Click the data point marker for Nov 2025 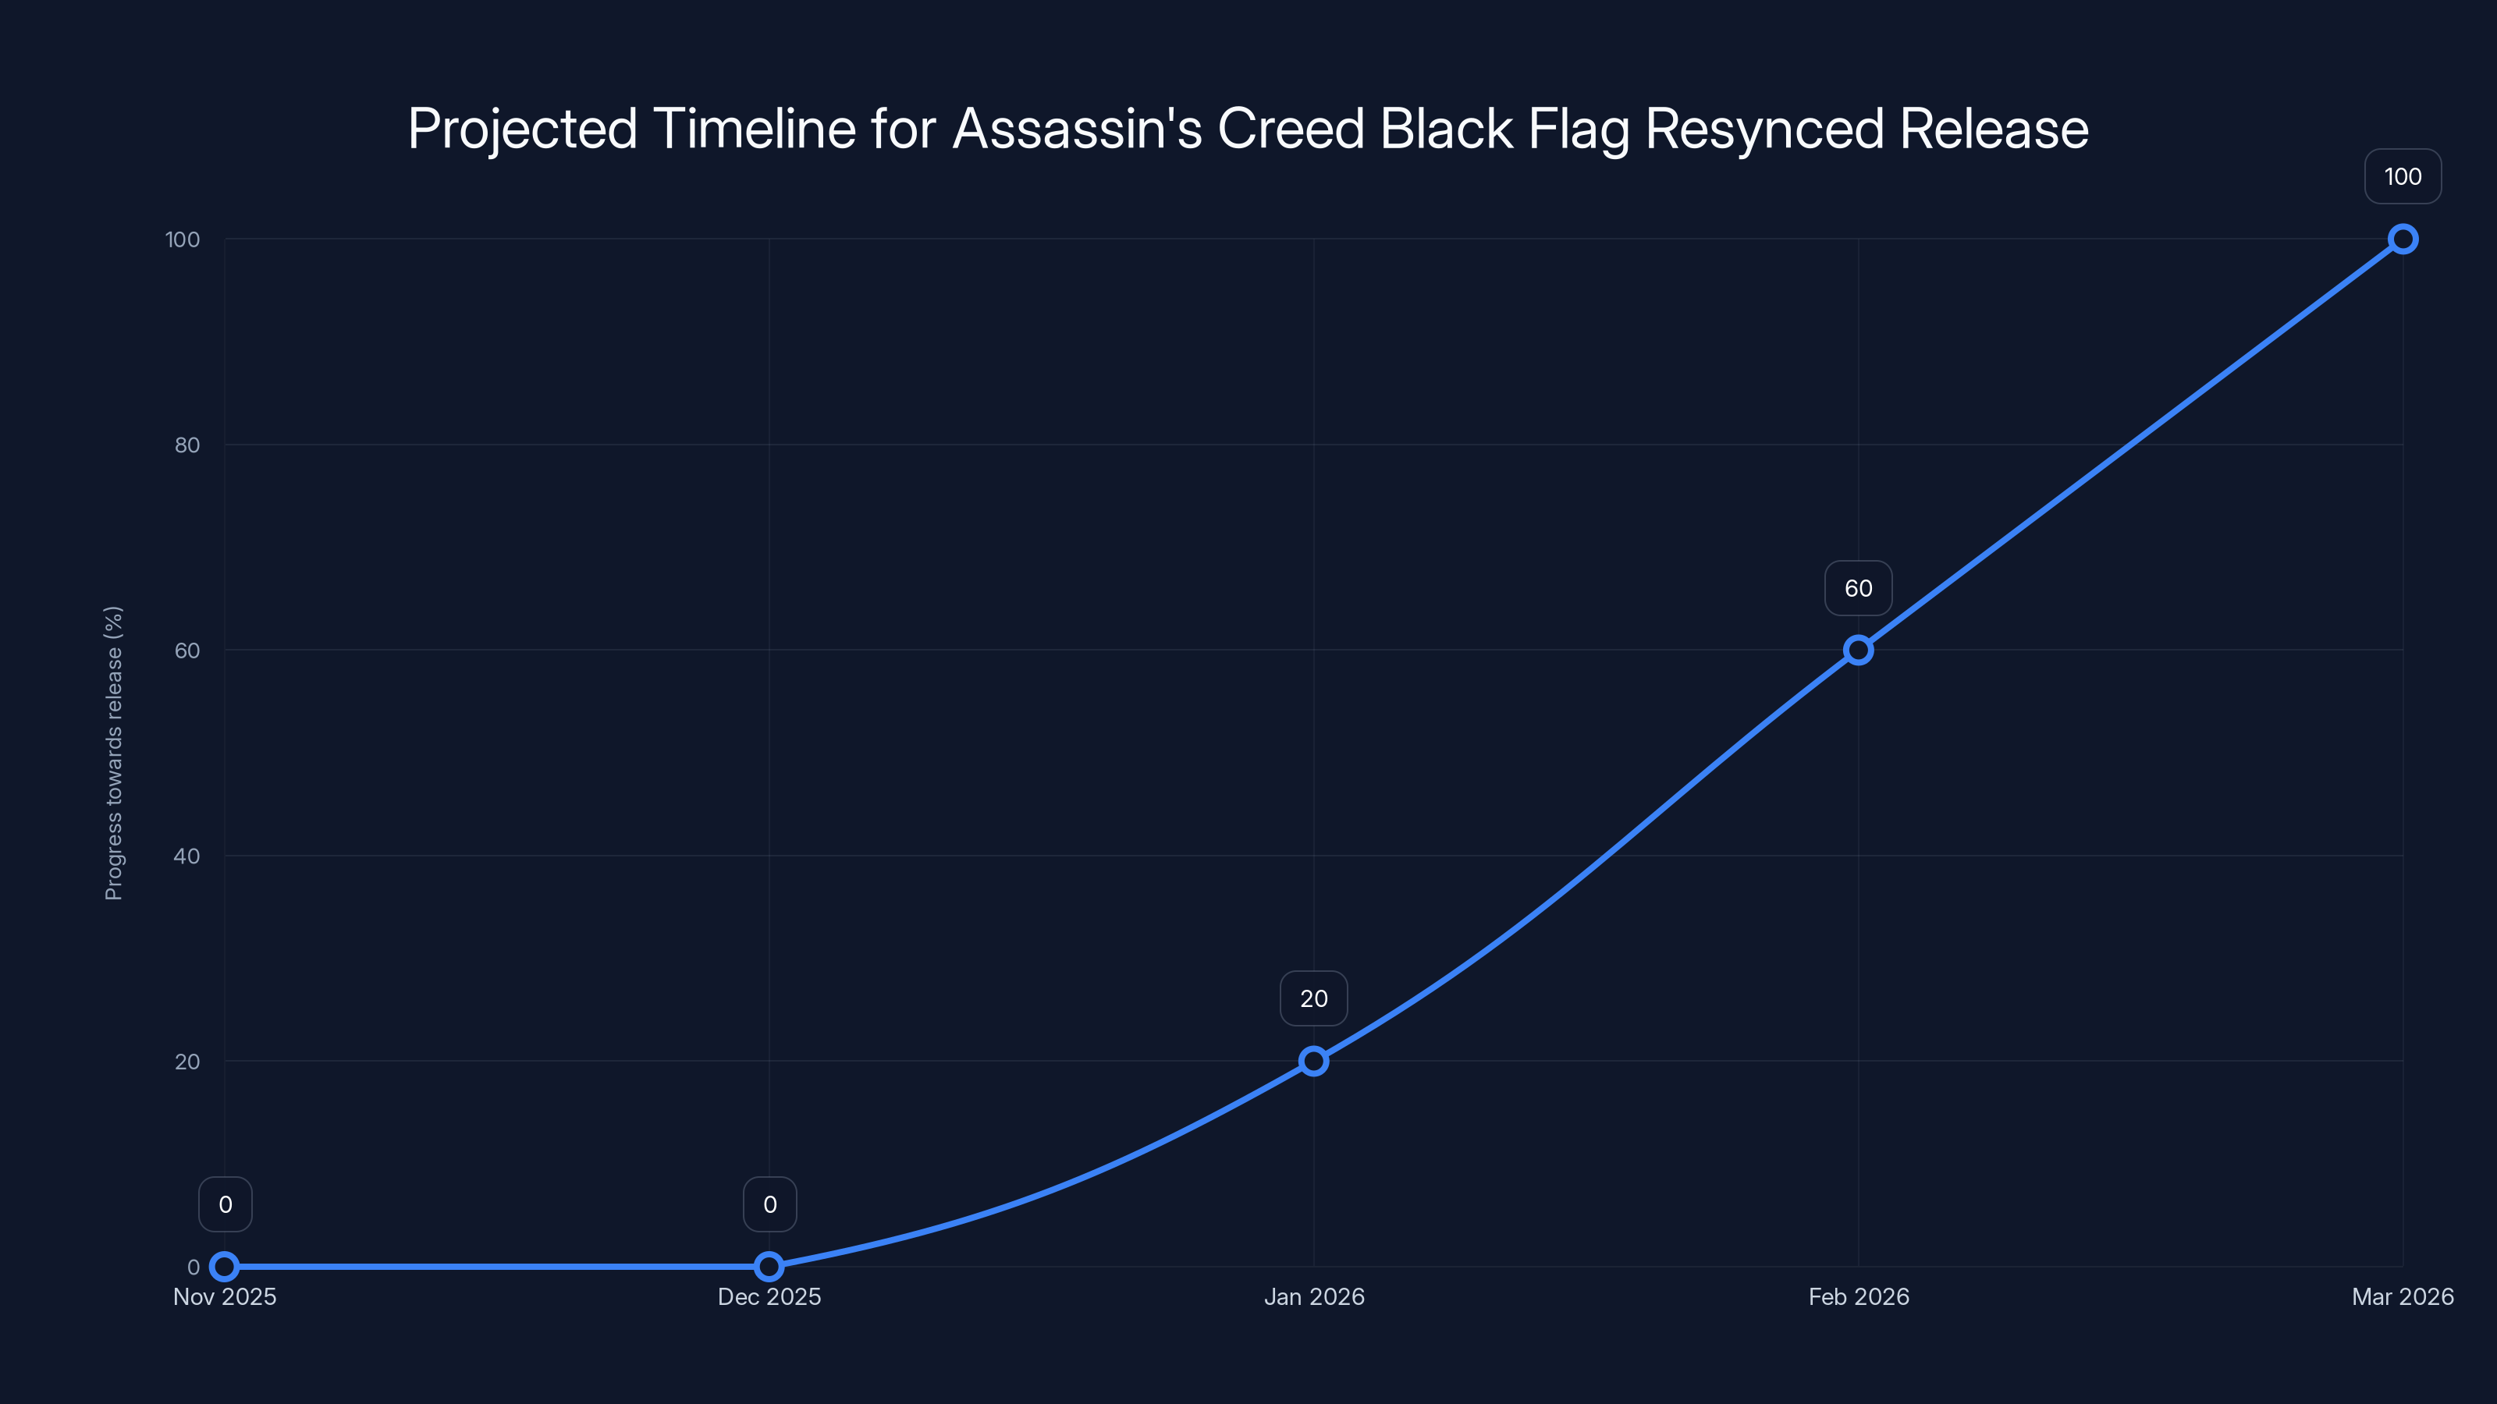pyautogui.click(x=225, y=1267)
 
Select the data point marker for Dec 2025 pyautogui.click(x=769, y=1267)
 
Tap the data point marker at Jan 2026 pyautogui.click(x=1313, y=1061)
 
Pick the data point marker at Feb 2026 pyautogui.click(x=1858, y=651)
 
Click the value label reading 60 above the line pyautogui.click(x=1858, y=588)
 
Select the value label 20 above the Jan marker pyautogui.click(x=1313, y=999)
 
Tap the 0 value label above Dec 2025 pyautogui.click(x=769, y=1204)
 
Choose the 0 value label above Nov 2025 pyautogui.click(x=225, y=1204)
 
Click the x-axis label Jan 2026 pyautogui.click(x=1313, y=1296)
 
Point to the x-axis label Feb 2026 pyautogui.click(x=1858, y=1296)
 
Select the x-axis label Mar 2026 pyautogui.click(x=2402, y=1296)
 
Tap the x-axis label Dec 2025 pyautogui.click(x=769, y=1296)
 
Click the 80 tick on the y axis pyautogui.click(x=187, y=445)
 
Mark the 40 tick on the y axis pyautogui.click(x=187, y=856)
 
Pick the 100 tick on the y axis pyautogui.click(x=183, y=239)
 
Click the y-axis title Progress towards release pyautogui.click(x=113, y=753)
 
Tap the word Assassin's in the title pyautogui.click(x=1077, y=129)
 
